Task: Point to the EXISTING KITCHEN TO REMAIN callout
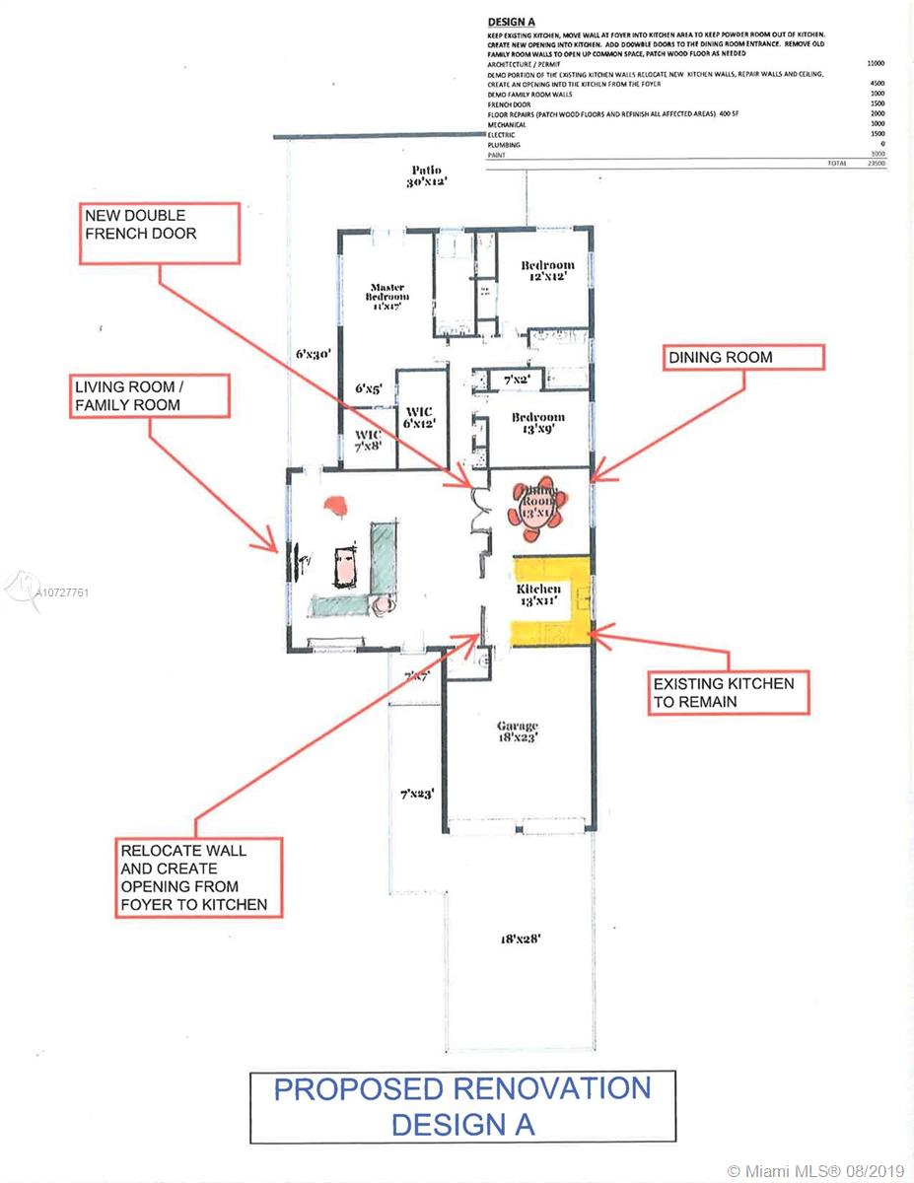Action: tap(730, 692)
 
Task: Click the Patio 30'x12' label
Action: tap(426, 176)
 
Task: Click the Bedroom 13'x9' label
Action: tap(537, 424)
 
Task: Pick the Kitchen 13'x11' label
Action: tap(539, 593)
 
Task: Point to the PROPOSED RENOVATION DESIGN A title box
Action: tap(462, 1106)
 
